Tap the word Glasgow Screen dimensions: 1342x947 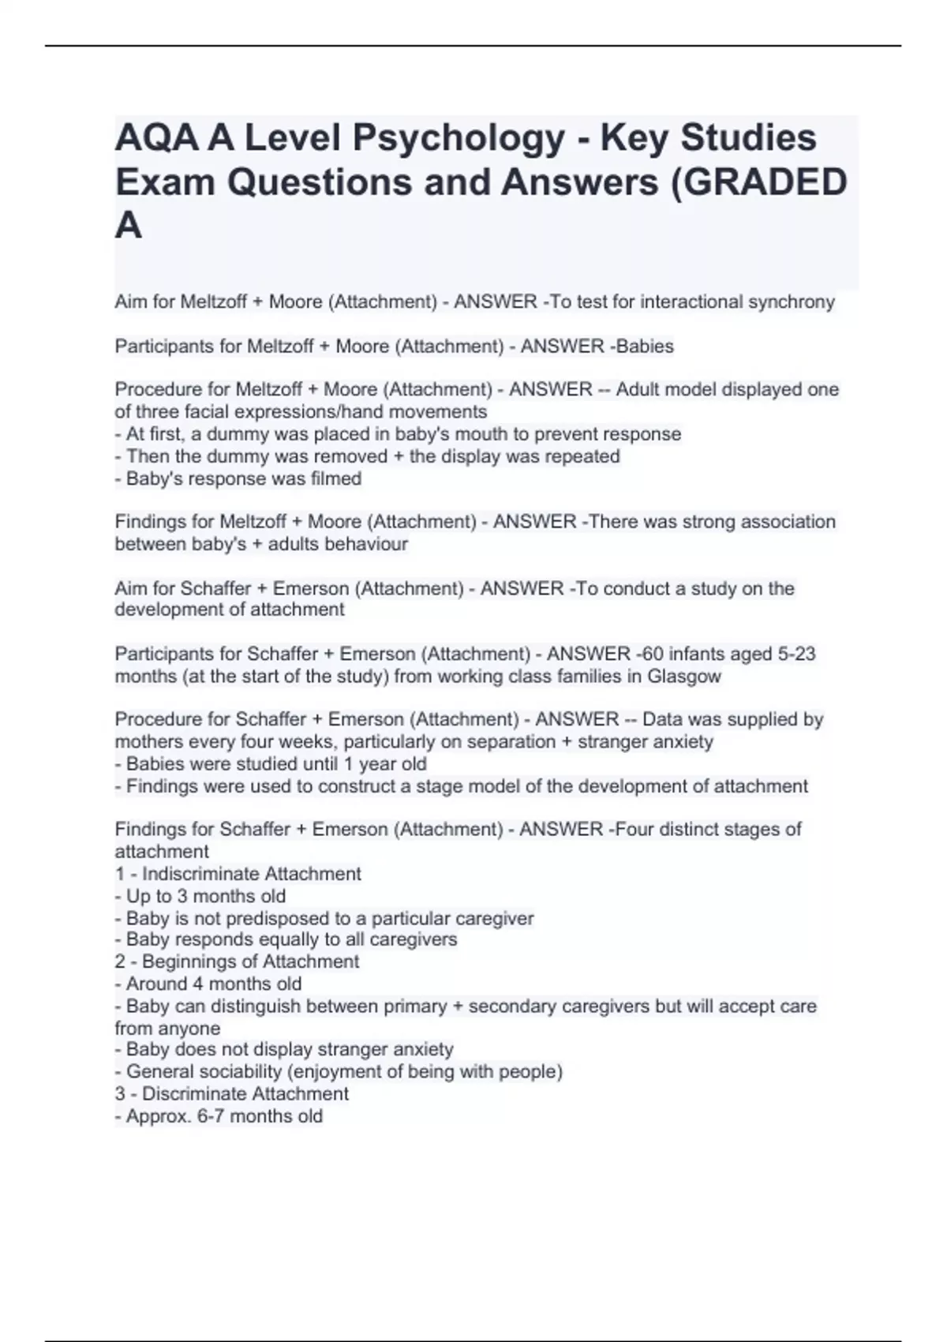click(684, 677)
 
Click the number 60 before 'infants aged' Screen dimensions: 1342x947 click(653, 654)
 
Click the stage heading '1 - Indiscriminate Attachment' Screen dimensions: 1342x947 click(238, 874)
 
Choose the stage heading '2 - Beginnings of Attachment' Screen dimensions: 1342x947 click(237, 962)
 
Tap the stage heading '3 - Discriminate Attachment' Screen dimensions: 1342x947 click(231, 1094)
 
